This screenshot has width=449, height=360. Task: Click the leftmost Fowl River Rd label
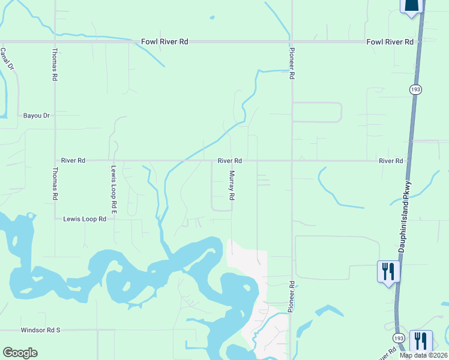(164, 42)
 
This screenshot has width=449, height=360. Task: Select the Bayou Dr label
(36, 115)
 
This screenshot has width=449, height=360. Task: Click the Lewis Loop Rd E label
(113, 190)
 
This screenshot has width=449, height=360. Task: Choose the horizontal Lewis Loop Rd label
(85, 220)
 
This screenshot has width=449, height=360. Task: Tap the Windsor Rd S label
(41, 330)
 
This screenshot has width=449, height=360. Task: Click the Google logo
(20, 353)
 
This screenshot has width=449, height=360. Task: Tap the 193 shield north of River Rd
(415, 89)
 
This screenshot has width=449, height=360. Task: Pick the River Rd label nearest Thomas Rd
(73, 161)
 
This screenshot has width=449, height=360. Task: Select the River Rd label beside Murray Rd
(230, 161)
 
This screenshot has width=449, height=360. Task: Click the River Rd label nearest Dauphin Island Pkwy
(391, 161)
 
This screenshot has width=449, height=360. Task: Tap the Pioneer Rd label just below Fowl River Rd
(292, 64)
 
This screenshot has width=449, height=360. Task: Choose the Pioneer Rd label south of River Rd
(291, 296)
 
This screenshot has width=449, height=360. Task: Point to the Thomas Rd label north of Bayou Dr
(55, 64)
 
